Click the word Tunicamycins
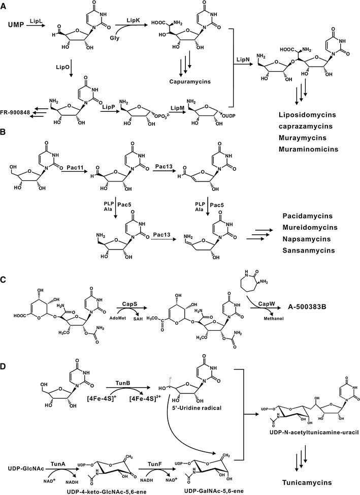point(309,481)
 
